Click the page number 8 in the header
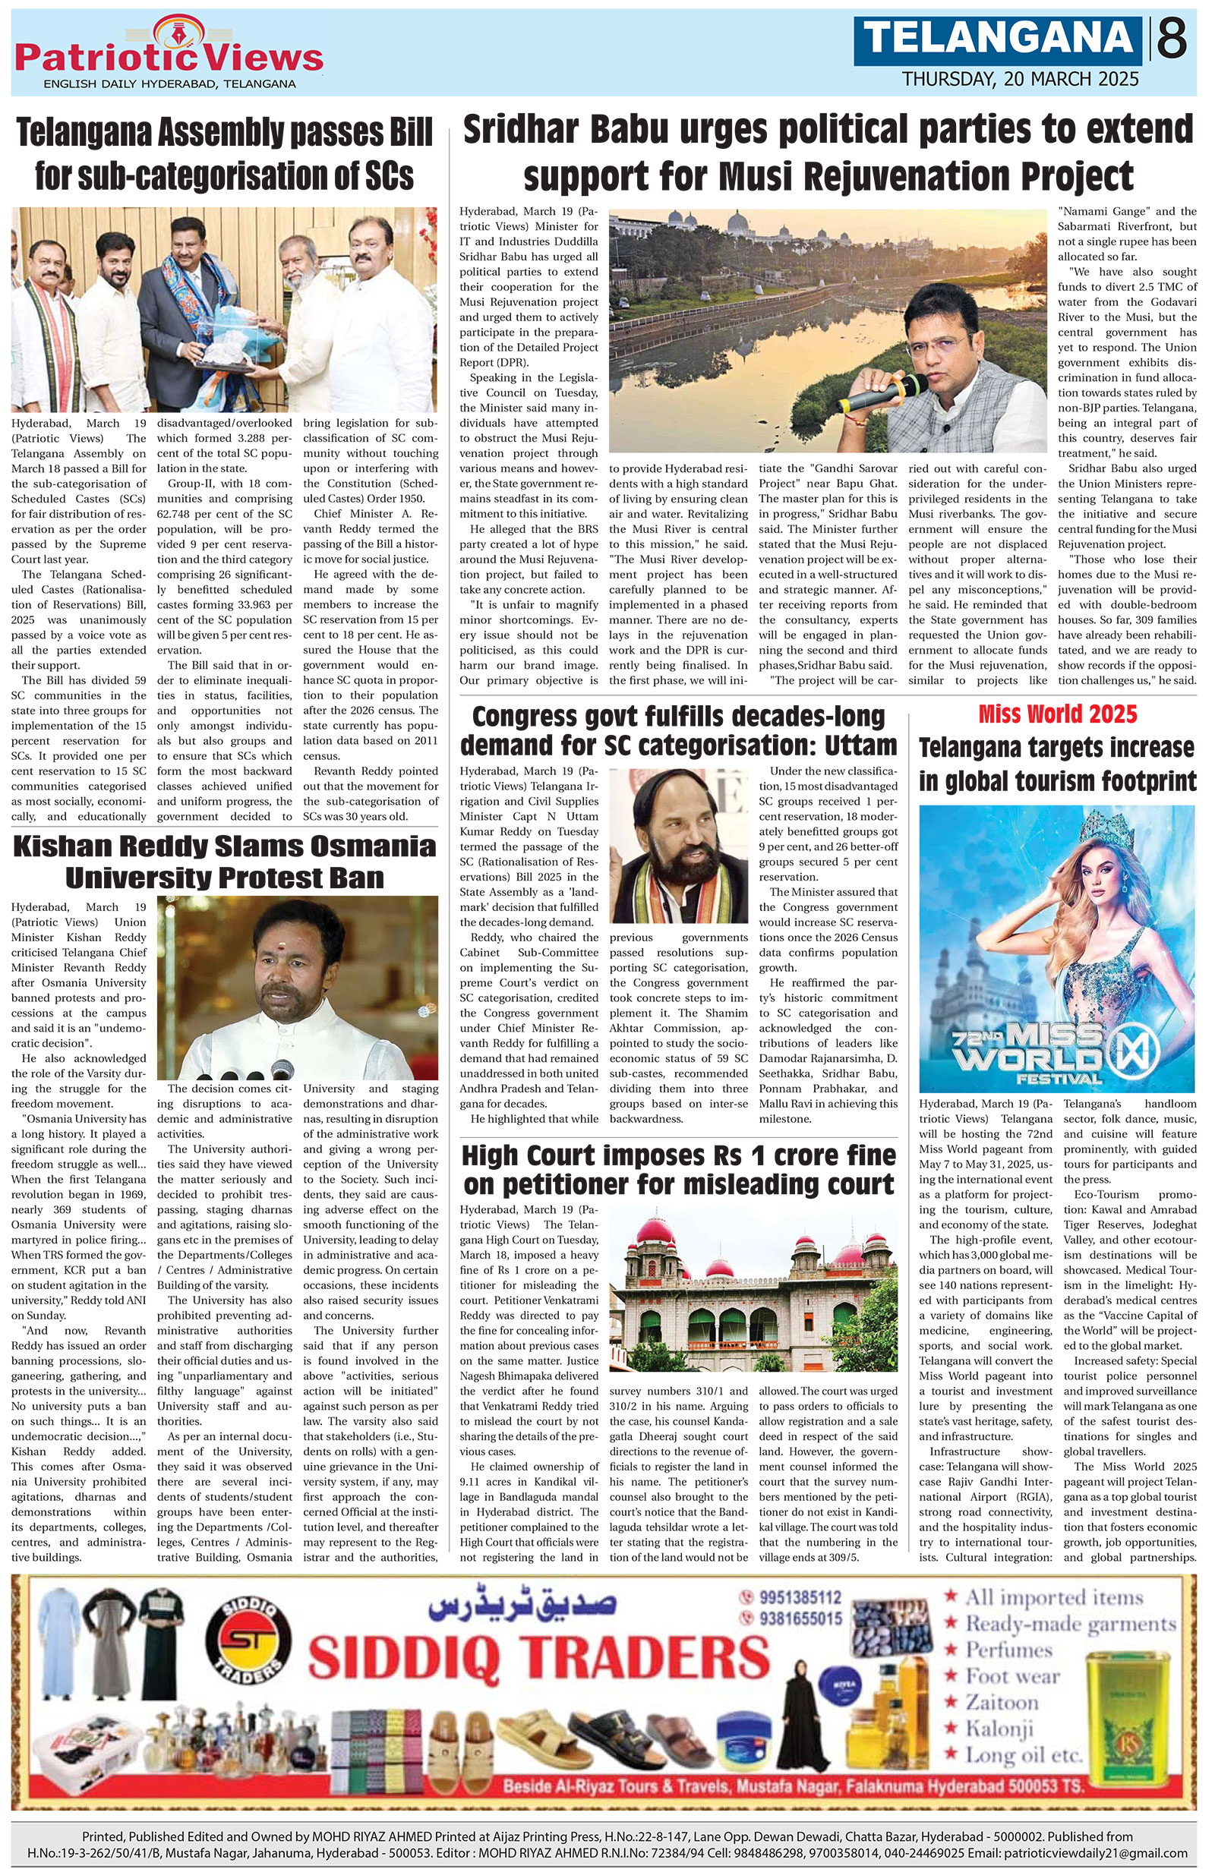[x=1172, y=39]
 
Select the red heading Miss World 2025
[x=1057, y=714]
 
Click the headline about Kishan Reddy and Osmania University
[x=225, y=862]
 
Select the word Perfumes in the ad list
[x=1008, y=1650]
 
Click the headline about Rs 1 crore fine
[x=679, y=1169]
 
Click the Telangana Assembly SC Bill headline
[x=225, y=155]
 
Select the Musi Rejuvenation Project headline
[x=828, y=153]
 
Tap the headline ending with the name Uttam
[x=679, y=730]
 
